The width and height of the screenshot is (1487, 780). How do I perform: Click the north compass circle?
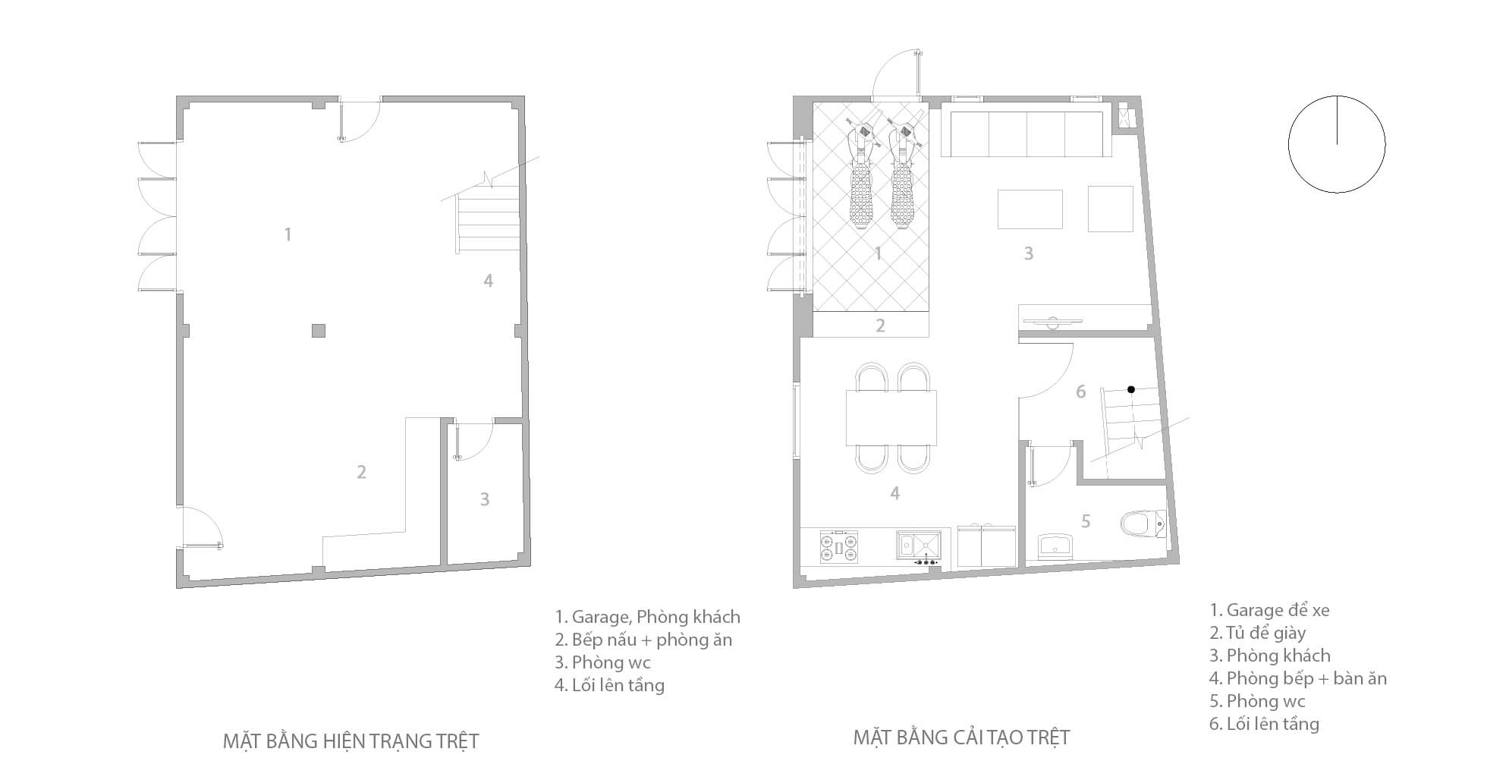(1336, 143)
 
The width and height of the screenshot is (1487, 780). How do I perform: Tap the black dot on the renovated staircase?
(1130, 389)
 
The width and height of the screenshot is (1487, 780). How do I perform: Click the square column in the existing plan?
(319, 330)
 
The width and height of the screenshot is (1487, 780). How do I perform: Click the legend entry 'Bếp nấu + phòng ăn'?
(643, 640)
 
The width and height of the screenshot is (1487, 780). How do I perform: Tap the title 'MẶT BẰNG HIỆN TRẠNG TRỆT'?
(351, 741)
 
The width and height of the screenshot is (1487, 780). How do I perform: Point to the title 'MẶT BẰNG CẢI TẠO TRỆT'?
(961, 737)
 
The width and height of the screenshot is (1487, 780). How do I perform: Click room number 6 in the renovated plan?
(1080, 392)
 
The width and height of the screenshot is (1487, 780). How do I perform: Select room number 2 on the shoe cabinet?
(880, 326)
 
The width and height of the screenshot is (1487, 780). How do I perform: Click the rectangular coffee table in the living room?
(1030, 209)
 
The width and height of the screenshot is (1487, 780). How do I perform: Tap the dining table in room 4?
(891, 417)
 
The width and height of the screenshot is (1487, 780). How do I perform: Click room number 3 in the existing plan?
(484, 499)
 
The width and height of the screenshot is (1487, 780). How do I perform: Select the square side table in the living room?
(1110, 209)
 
